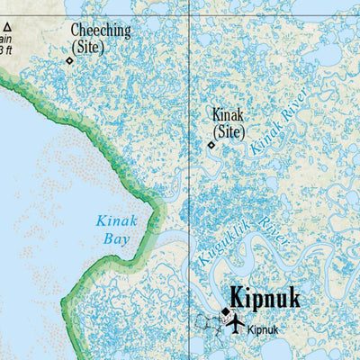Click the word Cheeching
click(x=101, y=31)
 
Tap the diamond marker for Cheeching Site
click(x=69, y=60)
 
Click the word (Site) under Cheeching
click(x=87, y=47)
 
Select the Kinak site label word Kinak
click(x=228, y=114)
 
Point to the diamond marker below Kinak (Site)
click(x=211, y=144)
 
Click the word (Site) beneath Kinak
click(x=228, y=131)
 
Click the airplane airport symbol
click(x=236, y=322)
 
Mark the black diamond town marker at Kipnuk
click(x=226, y=311)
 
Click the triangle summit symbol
click(x=5, y=27)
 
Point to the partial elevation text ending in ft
click(x=5, y=50)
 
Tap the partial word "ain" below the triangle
click(x=5, y=39)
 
